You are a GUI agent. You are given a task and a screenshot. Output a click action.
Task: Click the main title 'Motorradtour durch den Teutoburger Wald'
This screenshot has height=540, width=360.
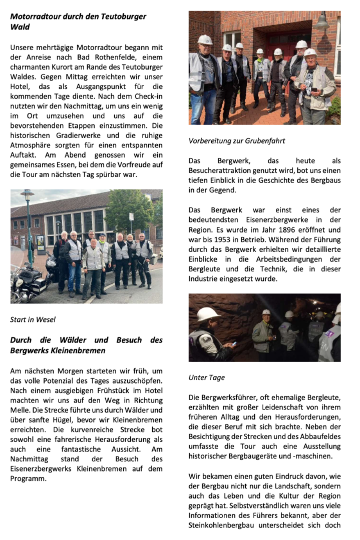[x=78, y=22]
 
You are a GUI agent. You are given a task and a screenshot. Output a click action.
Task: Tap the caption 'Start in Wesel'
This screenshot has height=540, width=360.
[x=33, y=319]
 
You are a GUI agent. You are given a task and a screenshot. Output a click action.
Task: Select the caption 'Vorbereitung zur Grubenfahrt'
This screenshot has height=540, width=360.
[x=236, y=141]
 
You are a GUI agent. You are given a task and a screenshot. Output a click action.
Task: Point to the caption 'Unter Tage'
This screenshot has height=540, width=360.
[x=207, y=377]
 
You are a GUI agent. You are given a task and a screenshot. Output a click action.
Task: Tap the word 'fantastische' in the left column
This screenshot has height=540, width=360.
[x=81, y=449]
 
